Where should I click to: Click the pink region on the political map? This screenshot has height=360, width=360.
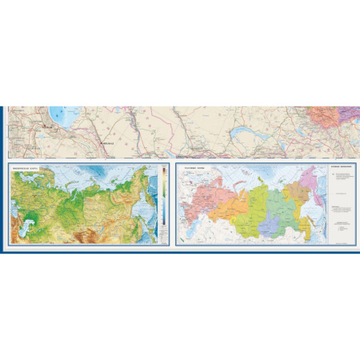(x=204, y=200)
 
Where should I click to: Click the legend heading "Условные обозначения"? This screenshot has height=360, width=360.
(x=341, y=170)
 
